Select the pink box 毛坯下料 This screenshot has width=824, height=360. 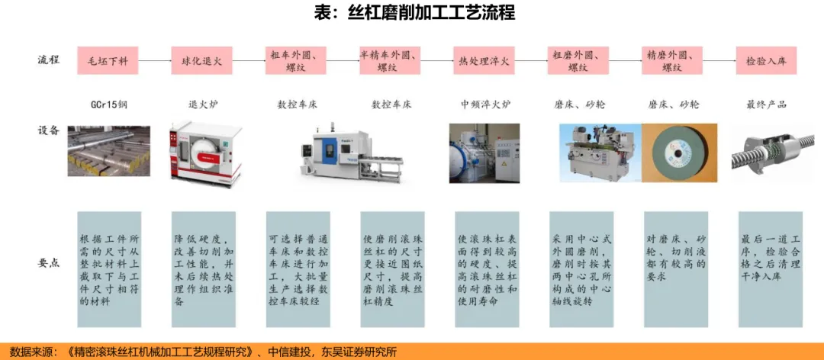point(108,60)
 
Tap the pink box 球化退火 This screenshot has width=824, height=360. point(201,60)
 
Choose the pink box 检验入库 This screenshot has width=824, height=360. point(766,60)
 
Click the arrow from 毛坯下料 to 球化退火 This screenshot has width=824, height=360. point(155,60)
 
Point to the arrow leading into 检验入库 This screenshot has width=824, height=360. point(719,60)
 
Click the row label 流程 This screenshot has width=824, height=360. point(49,60)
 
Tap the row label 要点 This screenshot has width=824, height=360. point(49,262)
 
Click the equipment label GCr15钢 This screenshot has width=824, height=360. point(108,104)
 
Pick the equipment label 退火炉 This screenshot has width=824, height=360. point(201,104)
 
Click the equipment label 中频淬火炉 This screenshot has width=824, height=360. point(485,104)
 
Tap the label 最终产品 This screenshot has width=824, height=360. point(766,104)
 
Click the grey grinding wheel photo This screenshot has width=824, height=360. point(674,153)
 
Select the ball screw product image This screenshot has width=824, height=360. point(766,153)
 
